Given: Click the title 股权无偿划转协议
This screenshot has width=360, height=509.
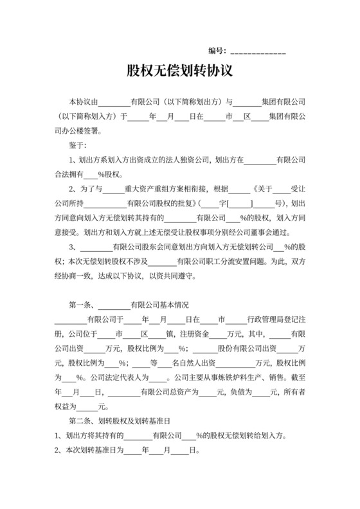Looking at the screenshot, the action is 180,70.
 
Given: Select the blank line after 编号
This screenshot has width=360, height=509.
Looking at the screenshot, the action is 258,51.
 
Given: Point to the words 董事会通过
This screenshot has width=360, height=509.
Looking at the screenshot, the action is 277,232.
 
